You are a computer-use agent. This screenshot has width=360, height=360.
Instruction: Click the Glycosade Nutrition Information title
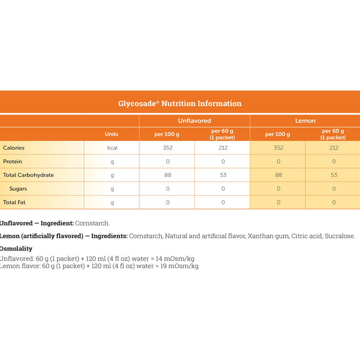(180, 103)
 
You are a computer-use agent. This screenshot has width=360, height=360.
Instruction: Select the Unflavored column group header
(194, 121)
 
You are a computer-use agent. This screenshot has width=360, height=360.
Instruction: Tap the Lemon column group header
(305, 121)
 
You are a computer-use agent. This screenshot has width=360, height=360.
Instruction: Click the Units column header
(112, 134)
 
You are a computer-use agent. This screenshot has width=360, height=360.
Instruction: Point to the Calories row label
(14, 148)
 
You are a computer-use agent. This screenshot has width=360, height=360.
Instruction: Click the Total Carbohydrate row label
(28, 175)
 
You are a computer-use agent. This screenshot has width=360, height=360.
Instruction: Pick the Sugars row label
(17, 189)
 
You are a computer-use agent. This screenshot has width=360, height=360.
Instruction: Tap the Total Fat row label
(16, 203)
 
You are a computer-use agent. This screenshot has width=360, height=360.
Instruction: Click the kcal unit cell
(112, 148)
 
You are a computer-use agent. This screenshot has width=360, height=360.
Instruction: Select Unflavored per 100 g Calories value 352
(167, 148)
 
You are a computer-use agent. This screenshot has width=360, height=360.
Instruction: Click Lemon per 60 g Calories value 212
(334, 148)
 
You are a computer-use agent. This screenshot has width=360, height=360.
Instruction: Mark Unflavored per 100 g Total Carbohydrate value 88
(167, 175)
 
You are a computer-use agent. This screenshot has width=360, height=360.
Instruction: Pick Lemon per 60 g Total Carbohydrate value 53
(334, 175)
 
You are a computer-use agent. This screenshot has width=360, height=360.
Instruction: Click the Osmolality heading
(16, 248)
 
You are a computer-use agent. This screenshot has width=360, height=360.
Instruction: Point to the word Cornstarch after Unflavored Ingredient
(92, 223)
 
